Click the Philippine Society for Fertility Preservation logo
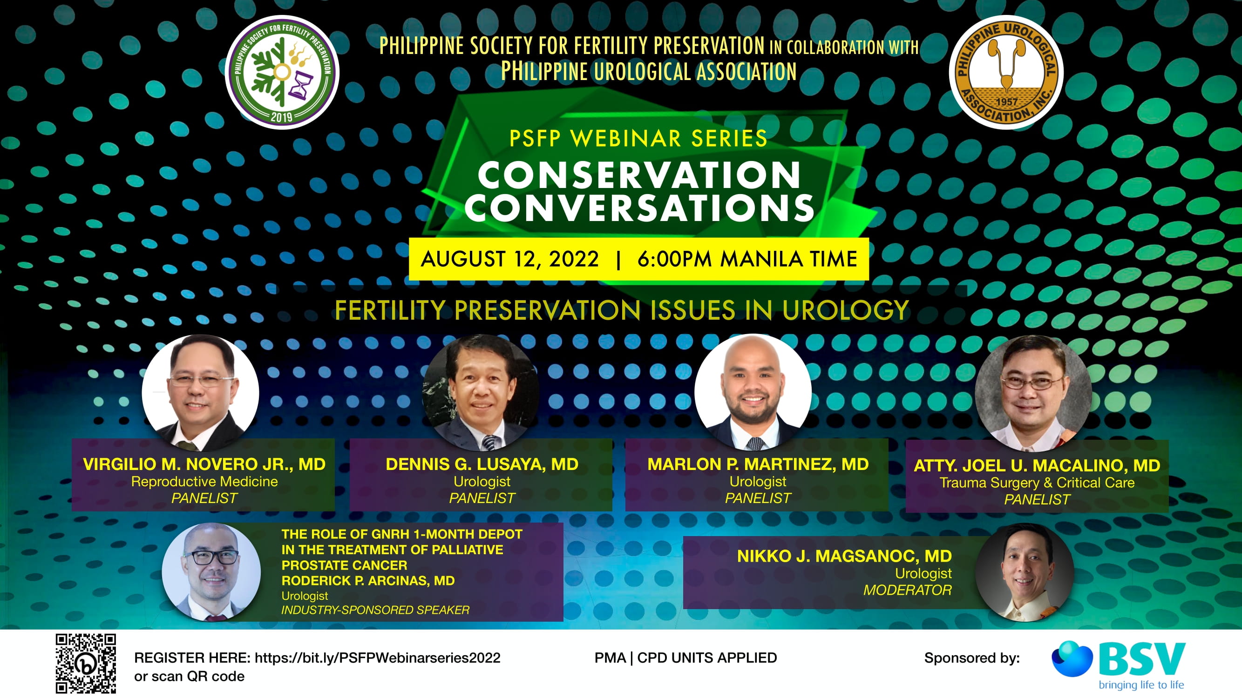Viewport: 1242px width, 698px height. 282,73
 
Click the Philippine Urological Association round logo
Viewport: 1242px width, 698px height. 1006,73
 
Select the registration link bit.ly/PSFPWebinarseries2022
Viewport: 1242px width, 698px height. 378,658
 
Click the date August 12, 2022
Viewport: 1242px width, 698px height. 509,259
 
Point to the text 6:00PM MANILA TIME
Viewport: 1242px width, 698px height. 747,259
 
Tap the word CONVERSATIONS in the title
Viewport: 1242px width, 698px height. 639,208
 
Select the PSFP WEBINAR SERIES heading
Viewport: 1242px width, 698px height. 638,139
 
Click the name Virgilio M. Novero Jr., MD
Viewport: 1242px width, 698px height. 204,464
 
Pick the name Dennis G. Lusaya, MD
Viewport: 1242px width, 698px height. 482,464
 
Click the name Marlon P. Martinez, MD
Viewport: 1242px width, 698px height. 758,464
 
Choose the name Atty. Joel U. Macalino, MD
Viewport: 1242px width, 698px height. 1037,465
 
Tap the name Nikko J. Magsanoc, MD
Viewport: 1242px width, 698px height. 844,556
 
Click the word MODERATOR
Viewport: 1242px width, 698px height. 907,590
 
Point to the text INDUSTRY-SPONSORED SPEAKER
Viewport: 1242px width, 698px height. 375,610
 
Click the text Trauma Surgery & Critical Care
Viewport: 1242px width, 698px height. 1037,483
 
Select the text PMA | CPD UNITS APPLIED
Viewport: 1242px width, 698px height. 685,658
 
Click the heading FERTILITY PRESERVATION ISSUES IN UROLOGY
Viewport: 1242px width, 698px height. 622,310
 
